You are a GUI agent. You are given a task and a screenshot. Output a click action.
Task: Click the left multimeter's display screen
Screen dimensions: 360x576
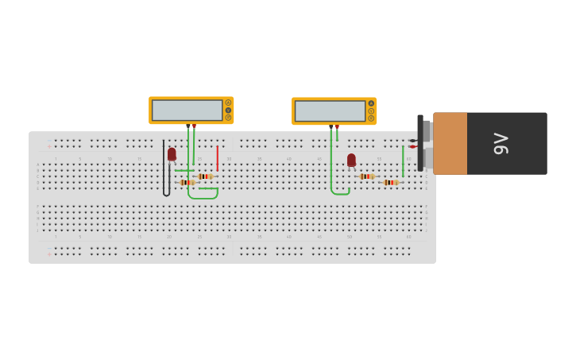(187, 110)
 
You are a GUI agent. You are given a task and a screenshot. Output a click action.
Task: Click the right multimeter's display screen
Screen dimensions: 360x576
(330, 110)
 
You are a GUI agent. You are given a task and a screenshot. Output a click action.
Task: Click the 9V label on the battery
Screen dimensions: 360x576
(501, 143)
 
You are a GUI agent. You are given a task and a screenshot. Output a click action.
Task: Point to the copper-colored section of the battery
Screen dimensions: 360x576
(450, 143)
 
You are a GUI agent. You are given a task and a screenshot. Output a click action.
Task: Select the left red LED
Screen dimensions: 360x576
(172, 154)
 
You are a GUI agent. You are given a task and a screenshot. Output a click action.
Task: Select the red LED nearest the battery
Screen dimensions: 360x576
(351, 160)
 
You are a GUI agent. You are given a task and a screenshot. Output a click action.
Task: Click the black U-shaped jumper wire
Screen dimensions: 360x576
(165, 171)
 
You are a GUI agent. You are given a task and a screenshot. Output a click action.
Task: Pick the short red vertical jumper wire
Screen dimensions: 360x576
(217, 157)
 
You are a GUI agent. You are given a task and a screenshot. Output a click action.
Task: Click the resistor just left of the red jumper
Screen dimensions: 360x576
(205, 176)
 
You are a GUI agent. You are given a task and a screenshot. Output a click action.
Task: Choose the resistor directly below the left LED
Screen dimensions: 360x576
(187, 183)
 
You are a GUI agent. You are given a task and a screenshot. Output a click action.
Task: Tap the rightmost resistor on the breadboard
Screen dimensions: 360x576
(390, 183)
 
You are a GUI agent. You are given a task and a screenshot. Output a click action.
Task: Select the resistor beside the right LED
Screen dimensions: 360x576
(366, 176)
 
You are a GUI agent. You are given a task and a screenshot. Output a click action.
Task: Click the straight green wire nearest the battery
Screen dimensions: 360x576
(403, 161)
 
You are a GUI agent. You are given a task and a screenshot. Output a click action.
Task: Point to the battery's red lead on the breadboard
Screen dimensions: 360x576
(412, 147)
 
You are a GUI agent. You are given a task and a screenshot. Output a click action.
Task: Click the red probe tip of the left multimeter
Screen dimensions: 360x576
(194, 126)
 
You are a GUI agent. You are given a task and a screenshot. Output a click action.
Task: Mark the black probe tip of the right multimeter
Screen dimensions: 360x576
(331, 126)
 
